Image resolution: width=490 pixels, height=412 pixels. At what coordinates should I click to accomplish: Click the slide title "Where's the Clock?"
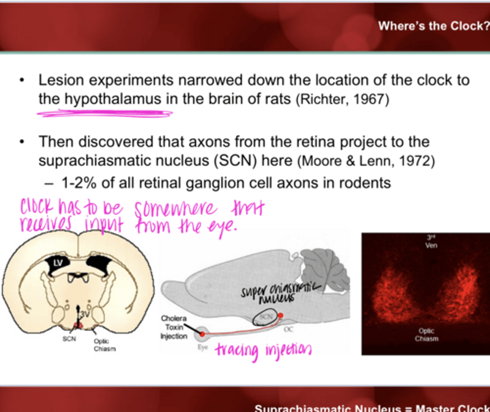434,26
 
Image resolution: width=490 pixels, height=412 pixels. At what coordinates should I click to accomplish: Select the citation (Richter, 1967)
342,99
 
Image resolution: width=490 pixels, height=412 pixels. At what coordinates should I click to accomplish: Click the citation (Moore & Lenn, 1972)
366,161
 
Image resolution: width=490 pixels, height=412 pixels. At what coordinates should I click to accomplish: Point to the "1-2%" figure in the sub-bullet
79,183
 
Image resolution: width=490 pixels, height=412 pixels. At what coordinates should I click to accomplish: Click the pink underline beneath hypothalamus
105,113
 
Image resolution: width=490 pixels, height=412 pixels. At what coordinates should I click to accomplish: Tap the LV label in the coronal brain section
58,263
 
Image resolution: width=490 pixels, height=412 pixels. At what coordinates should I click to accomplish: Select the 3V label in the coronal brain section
84,314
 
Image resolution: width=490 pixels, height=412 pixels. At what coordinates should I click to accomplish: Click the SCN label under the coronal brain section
69,339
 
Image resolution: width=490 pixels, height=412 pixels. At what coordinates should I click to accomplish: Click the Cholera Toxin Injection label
174,327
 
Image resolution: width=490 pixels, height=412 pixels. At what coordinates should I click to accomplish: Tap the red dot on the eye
202,334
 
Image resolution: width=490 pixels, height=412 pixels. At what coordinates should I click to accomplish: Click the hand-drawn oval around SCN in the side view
265,318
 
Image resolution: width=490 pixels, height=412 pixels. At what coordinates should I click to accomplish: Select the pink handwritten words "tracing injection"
263,350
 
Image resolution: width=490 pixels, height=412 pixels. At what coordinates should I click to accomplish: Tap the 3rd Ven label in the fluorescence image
431,241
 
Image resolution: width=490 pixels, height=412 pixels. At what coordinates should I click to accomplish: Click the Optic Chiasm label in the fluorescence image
426,335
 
